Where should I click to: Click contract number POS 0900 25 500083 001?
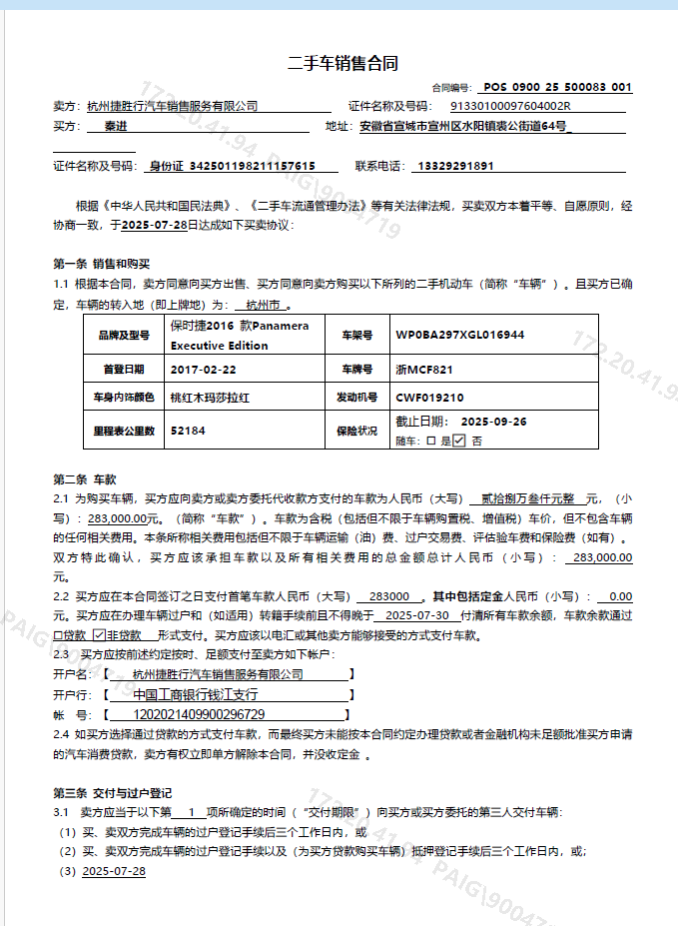coord(558,88)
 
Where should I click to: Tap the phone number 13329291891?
coord(455,166)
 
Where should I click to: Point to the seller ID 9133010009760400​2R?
coord(510,106)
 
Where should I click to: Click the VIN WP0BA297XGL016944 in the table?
coord(460,336)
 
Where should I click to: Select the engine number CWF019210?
coord(430,398)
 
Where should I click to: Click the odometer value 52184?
coord(188,431)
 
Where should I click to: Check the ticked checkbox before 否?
coord(458,440)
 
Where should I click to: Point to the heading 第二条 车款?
coord(86,478)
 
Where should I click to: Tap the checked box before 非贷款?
coord(99,635)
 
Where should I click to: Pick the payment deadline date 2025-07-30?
coord(416,615)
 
